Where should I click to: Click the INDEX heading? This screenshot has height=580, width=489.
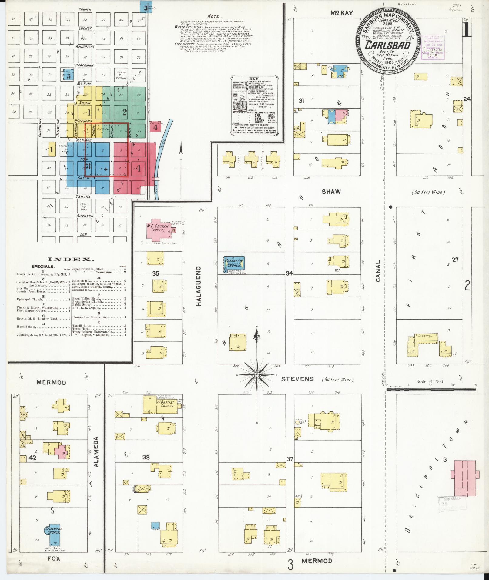pyautogui.click(x=71, y=260)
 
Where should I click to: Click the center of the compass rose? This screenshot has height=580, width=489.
pyautogui.click(x=256, y=375)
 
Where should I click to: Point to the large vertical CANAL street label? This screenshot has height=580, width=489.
pyautogui.click(x=378, y=271)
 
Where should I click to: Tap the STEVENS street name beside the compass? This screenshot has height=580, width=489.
pyautogui.click(x=293, y=379)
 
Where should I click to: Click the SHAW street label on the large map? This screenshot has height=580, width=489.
pyautogui.click(x=331, y=192)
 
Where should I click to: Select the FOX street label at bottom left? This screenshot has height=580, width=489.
pyautogui.click(x=54, y=558)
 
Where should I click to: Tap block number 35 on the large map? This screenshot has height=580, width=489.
pyautogui.click(x=156, y=273)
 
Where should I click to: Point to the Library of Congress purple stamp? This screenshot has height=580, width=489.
pyautogui.click(x=433, y=48)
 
